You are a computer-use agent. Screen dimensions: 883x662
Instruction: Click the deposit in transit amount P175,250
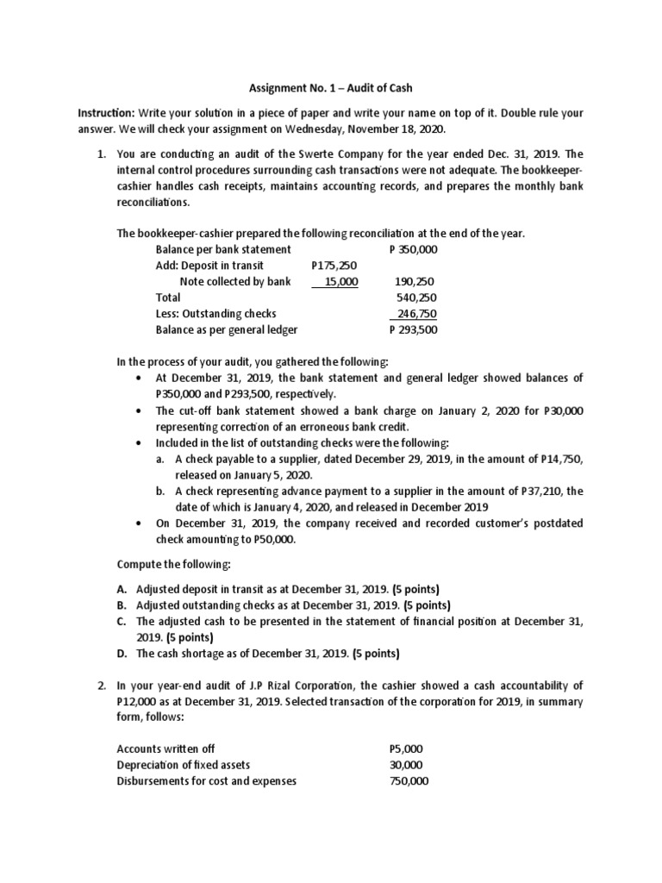coord(334,266)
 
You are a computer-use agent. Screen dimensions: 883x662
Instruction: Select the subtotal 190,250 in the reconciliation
coord(414,281)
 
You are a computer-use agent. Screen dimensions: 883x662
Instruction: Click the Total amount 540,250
coord(414,297)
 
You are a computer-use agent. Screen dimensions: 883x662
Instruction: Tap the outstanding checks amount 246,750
coord(415,313)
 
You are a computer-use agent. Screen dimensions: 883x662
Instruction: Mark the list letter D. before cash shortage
coord(122,653)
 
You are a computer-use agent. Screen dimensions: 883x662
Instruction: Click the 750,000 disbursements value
coord(409,780)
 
